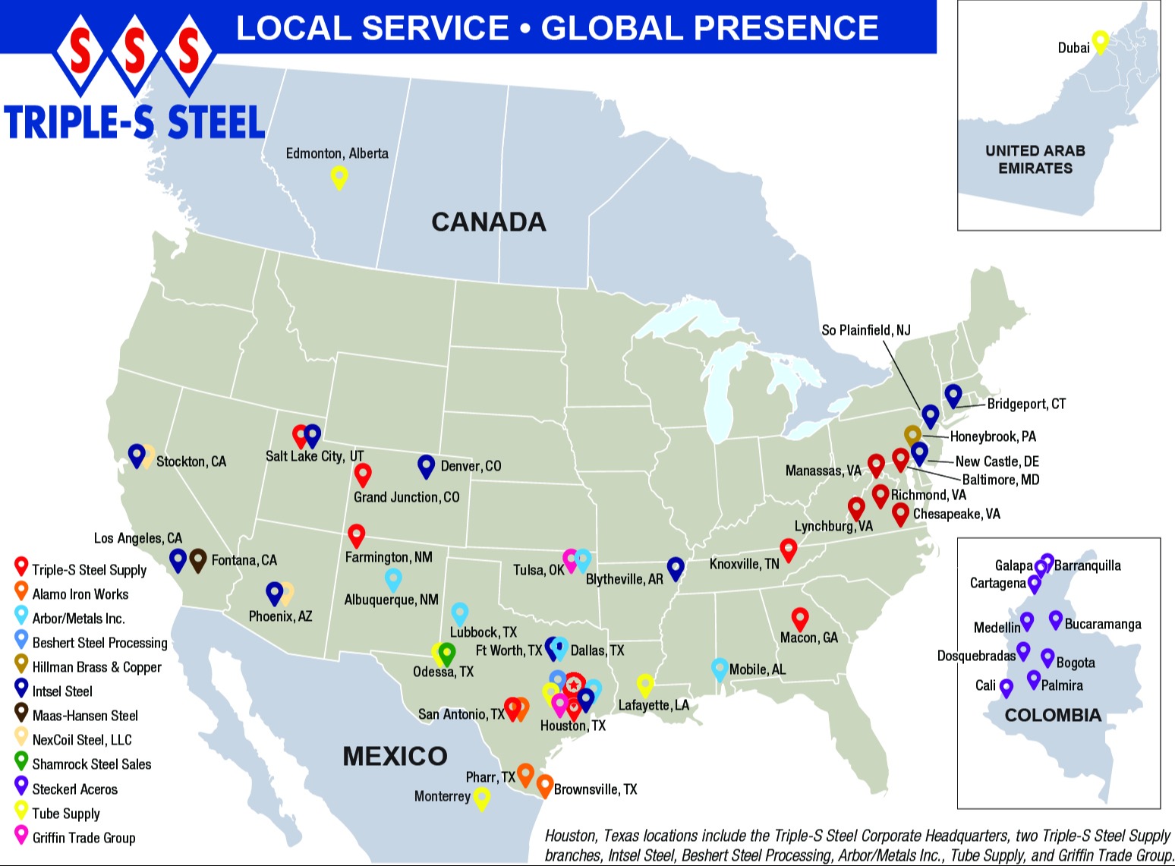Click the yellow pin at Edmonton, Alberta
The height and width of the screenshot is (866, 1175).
click(x=339, y=177)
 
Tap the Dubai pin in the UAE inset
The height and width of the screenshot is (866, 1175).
click(x=1100, y=40)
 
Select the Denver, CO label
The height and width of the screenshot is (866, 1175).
click(x=471, y=466)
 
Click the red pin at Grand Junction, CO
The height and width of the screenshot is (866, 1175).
click(x=363, y=474)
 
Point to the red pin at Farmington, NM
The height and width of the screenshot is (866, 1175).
click(x=356, y=534)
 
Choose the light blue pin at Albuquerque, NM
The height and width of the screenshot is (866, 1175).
click(x=393, y=578)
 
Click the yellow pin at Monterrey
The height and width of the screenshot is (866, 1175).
click(x=481, y=798)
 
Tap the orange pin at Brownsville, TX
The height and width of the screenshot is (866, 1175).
click(x=544, y=785)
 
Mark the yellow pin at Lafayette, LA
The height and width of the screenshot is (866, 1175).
click(x=644, y=685)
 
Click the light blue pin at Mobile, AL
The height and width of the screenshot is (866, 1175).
click(x=720, y=668)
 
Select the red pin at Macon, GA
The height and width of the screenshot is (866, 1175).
click(x=799, y=618)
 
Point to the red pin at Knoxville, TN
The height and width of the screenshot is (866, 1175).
click(x=789, y=549)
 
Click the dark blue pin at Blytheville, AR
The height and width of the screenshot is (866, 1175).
click(x=676, y=567)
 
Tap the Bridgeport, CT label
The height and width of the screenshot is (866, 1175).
click(x=1026, y=404)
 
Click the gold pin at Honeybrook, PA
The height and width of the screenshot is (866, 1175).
click(x=912, y=435)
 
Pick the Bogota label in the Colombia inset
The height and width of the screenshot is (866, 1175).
click(x=1076, y=663)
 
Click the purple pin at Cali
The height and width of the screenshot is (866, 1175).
click(x=1006, y=688)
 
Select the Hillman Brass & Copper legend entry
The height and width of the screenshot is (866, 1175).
click(x=96, y=667)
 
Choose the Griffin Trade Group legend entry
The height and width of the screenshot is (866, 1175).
click(x=83, y=838)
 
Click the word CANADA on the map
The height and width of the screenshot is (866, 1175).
click(x=489, y=222)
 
